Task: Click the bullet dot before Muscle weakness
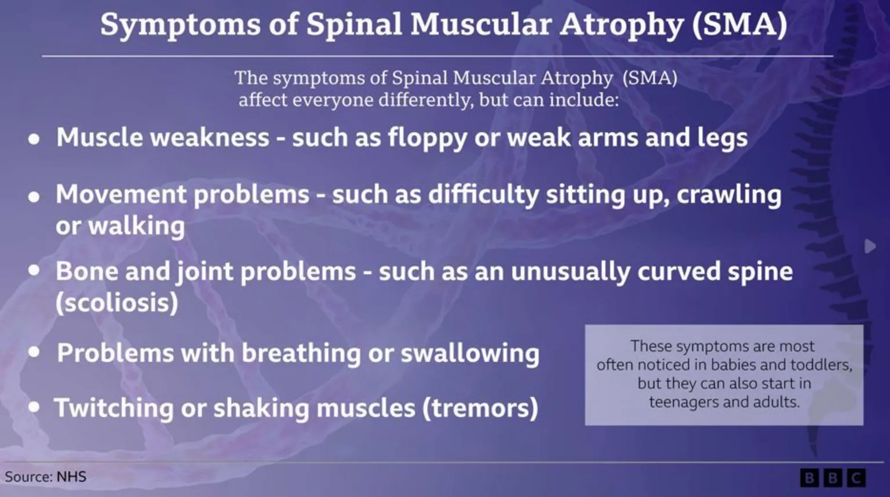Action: click(x=34, y=140)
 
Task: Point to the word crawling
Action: click(x=729, y=195)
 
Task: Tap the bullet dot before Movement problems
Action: click(x=34, y=197)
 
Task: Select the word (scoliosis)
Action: click(x=116, y=303)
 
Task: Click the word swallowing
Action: click(x=470, y=353)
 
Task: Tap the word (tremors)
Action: click(x=480, y=408)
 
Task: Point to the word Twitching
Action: click(x=114, y=408)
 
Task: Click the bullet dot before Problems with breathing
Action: click(x=34, y=352)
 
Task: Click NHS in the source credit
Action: click(x=71, y=477)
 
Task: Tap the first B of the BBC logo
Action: click(x=809, y=478)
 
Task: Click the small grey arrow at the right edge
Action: click(x=870, y=246)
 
